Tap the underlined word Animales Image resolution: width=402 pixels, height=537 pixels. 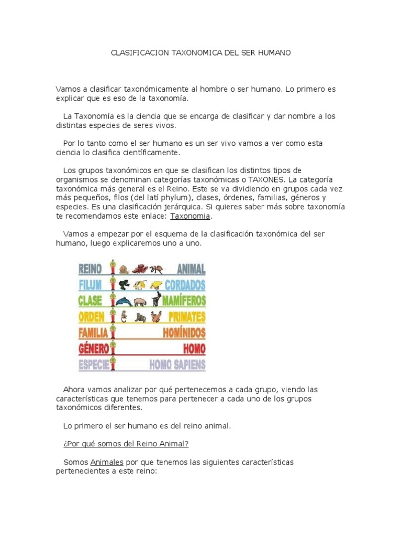(107, 463)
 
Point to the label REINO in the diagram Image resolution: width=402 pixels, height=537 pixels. (90, 270)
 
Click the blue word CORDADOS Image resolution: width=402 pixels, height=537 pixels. (185, 285)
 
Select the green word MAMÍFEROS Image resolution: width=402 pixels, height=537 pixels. (184, 302)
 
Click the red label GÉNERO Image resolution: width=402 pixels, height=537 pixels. (94, 349)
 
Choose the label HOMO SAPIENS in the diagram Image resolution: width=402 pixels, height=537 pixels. (177, 365)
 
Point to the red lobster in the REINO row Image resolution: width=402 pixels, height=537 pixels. (139, 270)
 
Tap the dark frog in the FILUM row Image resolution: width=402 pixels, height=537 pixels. (124, 285)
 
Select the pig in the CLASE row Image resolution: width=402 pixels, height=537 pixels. (140, 302)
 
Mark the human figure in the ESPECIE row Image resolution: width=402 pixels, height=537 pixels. (112, 363)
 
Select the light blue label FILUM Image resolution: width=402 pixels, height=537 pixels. (90, 285)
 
